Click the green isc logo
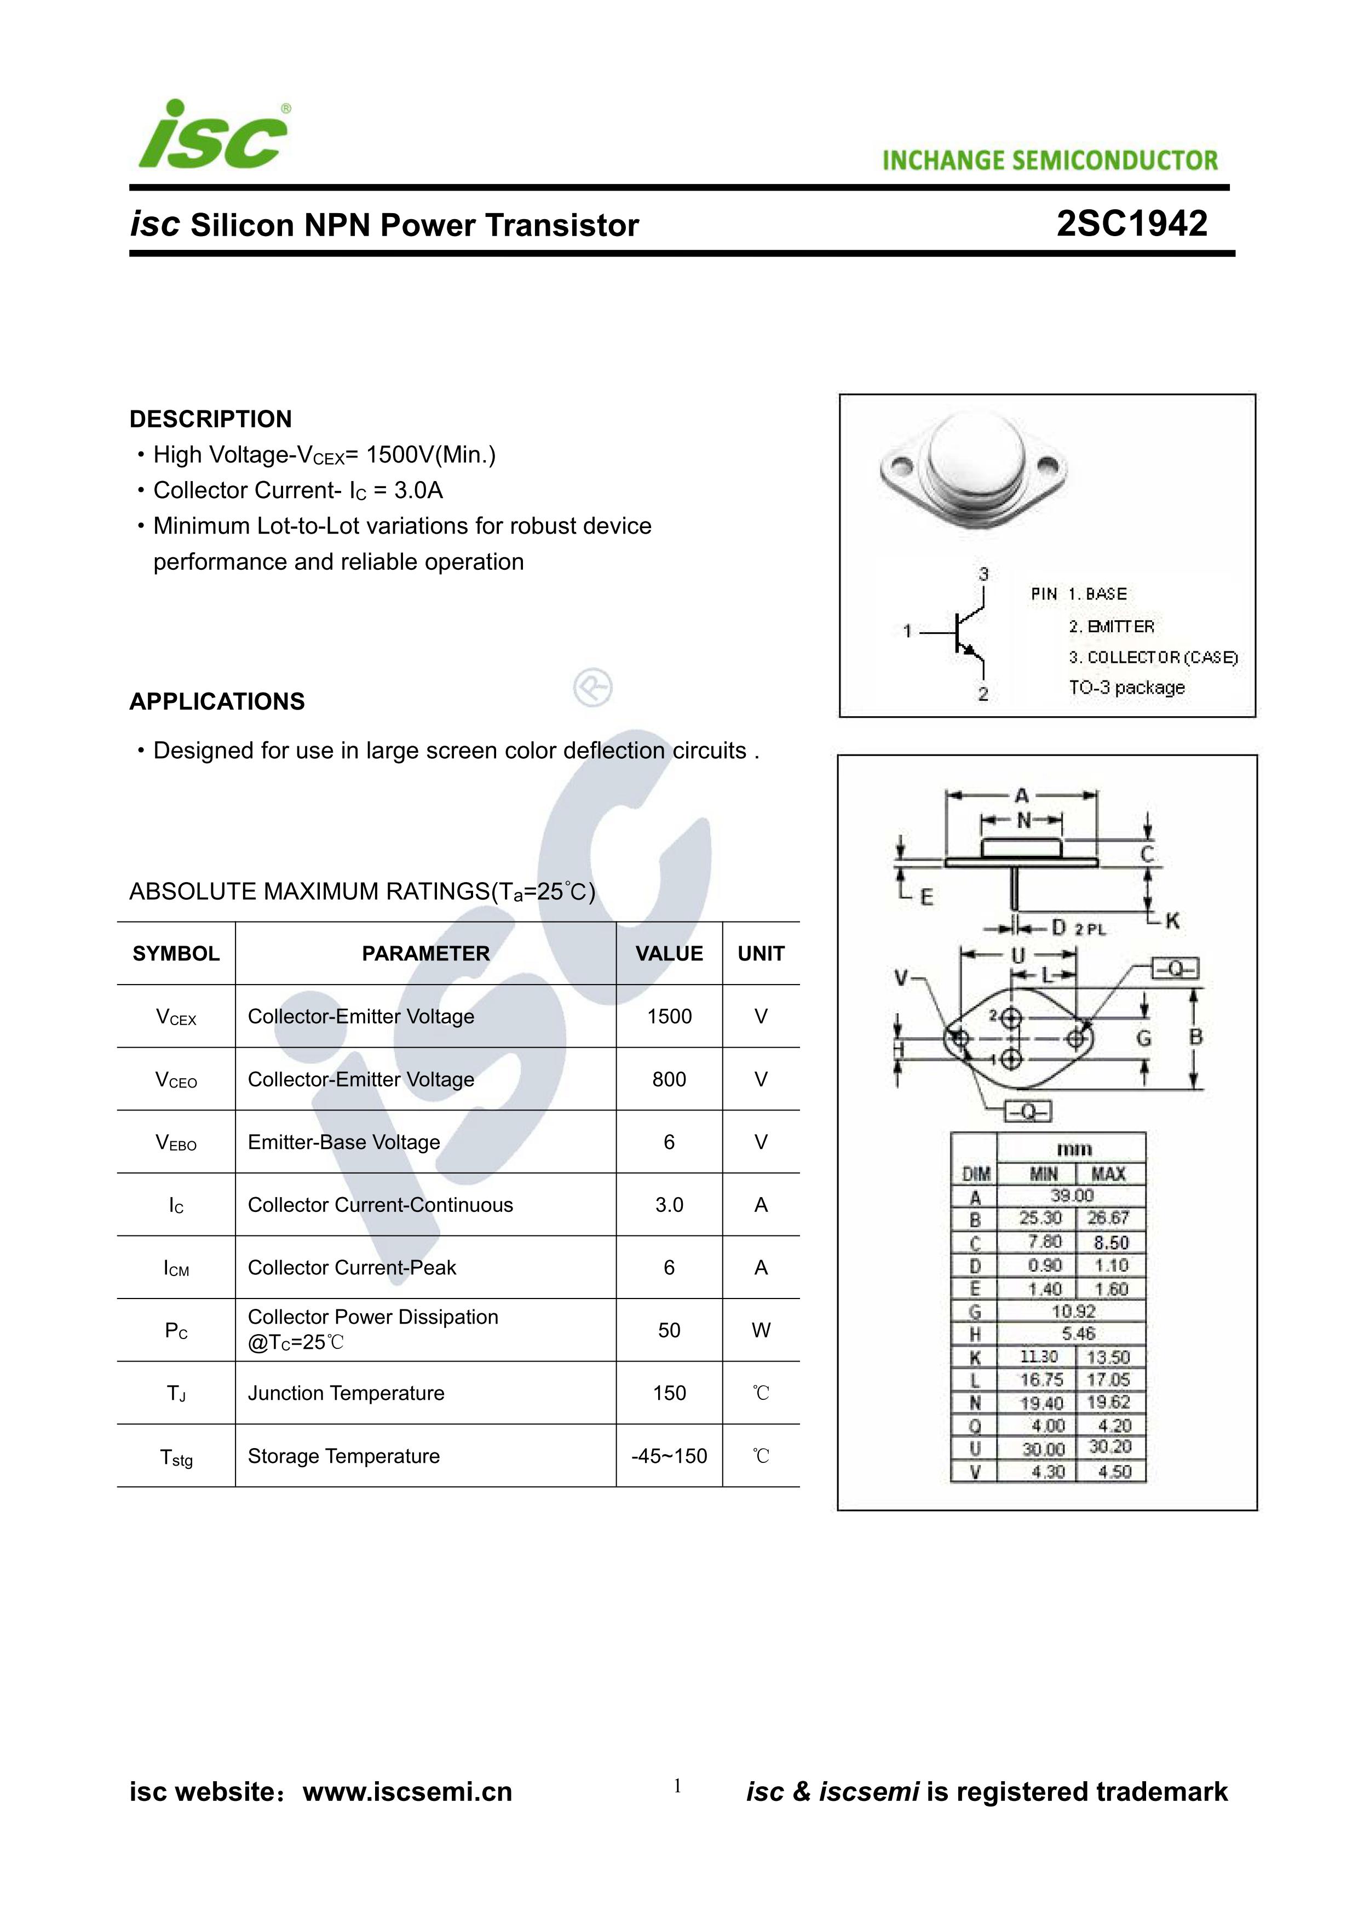click(x=214, y=136)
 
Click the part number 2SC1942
click(x=1131, y=224)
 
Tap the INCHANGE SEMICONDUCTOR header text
click(x=1050, y=161)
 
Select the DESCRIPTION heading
click(x=210, y=419)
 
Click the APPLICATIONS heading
click(x=217, y=701)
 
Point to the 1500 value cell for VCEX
click(x=669, y=1016)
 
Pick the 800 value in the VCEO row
click(x=669, y=1079)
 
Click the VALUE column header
click(x=669, y=953)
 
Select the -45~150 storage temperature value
click(x=669, y=1456)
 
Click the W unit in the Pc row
click(x=761, y=1330)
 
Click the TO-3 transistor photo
click(x=974, y=472)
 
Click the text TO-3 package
click(x=1126, y=687)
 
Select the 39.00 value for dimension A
click(x=1071, y=1195)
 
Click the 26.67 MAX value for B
click(x=1109, y=1218)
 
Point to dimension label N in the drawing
click(x=1022, y=821)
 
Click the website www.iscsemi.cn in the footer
click(x=407, y=1792)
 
